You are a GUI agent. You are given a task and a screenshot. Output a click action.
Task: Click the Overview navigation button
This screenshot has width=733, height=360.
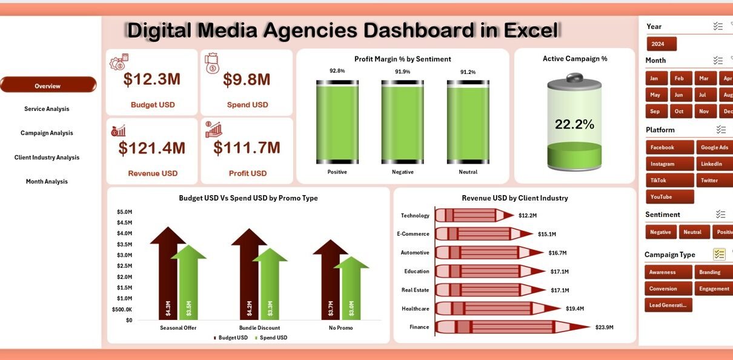point(48,85)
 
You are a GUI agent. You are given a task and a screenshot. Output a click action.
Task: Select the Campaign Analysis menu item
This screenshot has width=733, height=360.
point(47,133)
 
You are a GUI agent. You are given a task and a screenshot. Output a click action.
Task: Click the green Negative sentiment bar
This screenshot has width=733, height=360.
point(402,124)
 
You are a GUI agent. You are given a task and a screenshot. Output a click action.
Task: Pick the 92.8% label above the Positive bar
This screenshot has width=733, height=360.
point(337,71)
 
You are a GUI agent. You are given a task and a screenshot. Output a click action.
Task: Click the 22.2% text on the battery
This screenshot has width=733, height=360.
point(574,125)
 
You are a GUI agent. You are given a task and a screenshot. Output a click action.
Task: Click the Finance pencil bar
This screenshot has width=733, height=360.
point(509,327)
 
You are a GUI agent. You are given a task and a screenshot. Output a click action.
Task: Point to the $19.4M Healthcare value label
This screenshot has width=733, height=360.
point(575,308)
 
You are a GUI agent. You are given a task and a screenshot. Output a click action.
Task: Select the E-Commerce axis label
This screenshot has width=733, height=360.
point(413,234)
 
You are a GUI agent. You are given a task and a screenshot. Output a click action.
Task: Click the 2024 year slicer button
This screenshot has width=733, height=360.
point(661,44)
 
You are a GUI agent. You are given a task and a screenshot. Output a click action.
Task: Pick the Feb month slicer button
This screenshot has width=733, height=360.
point(680,79)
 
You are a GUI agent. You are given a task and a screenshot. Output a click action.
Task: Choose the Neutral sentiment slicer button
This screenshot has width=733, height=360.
point(692,232)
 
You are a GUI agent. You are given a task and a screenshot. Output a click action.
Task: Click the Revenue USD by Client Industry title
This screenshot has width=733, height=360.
point(514,198)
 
